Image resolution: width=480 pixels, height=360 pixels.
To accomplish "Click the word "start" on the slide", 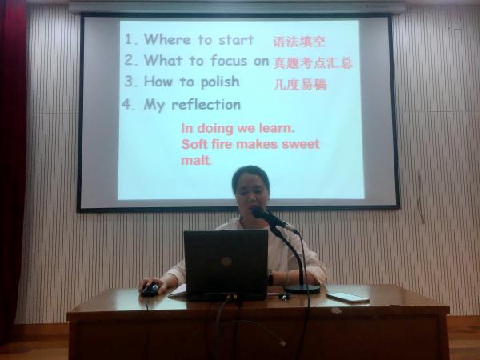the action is (236, 40).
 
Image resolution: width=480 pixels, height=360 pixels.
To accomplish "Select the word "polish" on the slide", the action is (220, 82).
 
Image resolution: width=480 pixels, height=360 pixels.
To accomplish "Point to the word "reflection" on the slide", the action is (206, 105).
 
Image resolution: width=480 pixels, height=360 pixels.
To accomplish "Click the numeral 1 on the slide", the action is (129, 39).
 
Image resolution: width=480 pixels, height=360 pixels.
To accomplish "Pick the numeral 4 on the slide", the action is (126, 105).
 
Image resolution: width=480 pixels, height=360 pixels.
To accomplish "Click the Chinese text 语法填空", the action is (299, 42).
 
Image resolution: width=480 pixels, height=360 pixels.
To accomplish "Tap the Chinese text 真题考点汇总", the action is (313, 62).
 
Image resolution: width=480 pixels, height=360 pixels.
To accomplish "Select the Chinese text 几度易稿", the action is (300, 84).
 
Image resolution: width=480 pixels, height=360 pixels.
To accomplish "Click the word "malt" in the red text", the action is (195, 160).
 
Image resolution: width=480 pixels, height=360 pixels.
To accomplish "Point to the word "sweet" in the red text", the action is (300, 144).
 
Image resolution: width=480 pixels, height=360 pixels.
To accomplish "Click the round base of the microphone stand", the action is (302, 289).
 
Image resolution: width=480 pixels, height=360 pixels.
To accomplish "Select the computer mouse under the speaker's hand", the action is (150, 290).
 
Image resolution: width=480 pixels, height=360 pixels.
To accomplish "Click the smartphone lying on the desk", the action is (348, 298).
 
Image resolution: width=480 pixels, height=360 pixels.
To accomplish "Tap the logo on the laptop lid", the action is (226, 262).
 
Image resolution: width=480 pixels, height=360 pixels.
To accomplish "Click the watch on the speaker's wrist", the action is (270, 278).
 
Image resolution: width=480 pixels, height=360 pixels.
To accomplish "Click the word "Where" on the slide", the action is (167, 39).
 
